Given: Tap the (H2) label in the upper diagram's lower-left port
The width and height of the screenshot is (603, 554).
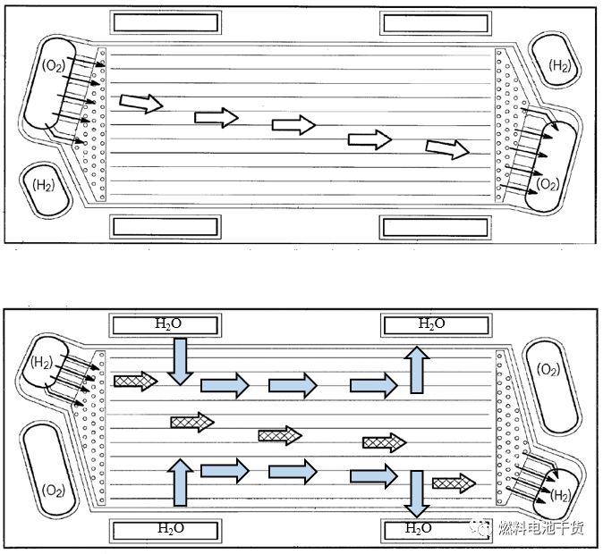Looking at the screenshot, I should [x=42, y=186].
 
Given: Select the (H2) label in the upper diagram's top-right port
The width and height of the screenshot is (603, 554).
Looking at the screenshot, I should [x=560, y=65].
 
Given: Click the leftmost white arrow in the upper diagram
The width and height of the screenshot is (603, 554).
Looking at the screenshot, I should [x=141, y=103].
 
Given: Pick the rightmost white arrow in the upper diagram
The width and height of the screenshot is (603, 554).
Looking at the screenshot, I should [x=447, y=149].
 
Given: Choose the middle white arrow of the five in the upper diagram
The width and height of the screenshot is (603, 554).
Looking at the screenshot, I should [x=294, y=126].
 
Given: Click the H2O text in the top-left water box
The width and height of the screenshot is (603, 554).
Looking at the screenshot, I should [x=168, y=323].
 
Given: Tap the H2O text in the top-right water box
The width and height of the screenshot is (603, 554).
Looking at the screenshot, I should [x=431, y=323].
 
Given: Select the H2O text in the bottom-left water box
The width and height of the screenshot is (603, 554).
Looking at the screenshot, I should [x=168, y=528].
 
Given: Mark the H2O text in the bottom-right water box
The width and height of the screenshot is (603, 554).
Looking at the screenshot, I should [x=419, y=528].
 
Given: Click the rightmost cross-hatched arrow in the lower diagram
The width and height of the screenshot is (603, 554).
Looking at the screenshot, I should [x=454, y=483].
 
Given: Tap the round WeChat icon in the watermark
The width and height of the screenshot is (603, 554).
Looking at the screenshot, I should [x=482, y=527].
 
